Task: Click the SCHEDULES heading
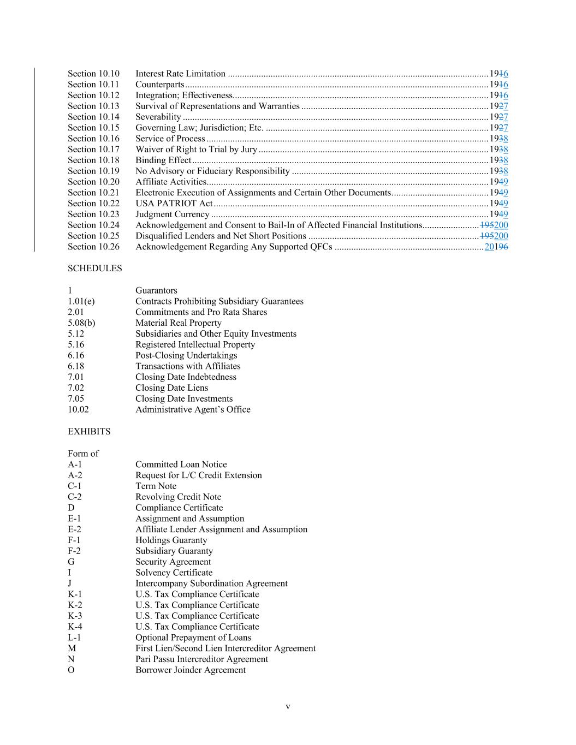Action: click(x=94, y=269)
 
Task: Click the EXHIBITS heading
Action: click(x=89, y=432)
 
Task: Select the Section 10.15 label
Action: click(x=93, y=128)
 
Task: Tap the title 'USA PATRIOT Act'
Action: click(x=174, y=204)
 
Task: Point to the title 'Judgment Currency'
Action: click(x=172, y=214)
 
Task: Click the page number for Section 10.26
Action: click(x=496, y=247)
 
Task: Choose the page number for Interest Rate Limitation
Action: click(x=498, y=74)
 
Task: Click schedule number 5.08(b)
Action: click(x=81, y=323)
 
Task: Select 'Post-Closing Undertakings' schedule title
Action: click(x=186, y=355)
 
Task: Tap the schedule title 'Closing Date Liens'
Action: click(x=171, y=388)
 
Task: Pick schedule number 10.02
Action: click(x=78, y=409)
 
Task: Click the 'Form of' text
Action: click(x=83, y=454)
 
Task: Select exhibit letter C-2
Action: click(x=75, y=497)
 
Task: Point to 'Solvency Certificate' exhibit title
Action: click(x=174, y=573)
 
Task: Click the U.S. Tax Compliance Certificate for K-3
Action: click(x=197, y=616)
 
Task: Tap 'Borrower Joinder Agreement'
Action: click(x=190, y=670)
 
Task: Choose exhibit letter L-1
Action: click(x=75, y=637)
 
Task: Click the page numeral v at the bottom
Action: click(x=288, y=707)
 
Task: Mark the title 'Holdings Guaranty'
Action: click(x=171, y=540)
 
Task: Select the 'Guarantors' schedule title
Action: click(x=156, y=290)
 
